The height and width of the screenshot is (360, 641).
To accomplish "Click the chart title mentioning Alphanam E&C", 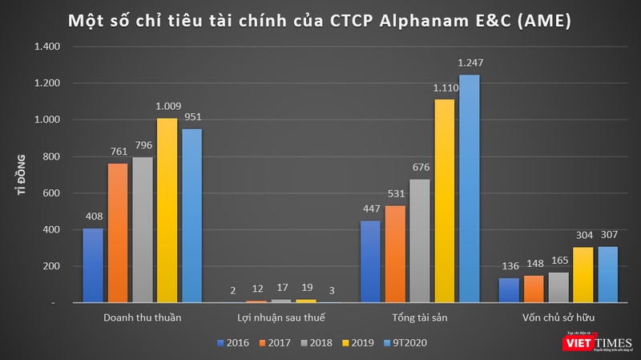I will [320, 19].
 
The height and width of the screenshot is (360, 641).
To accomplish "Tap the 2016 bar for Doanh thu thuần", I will [94, 265].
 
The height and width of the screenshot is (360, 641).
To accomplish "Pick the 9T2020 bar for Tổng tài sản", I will [469, 188].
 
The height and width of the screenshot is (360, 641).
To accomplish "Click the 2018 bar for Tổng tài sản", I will [419, 241].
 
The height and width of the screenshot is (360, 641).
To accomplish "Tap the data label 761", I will [118, 152].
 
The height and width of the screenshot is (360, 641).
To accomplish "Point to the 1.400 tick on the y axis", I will [45, 47].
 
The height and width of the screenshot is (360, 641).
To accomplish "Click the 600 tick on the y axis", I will [49, 193].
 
